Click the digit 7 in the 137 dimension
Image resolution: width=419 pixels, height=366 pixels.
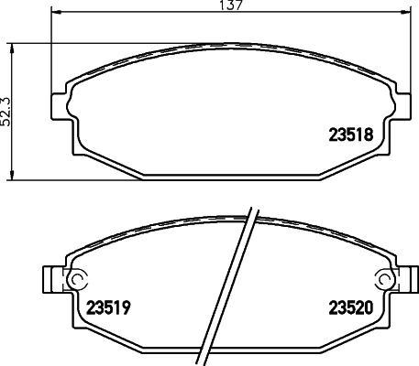[240, 6]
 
